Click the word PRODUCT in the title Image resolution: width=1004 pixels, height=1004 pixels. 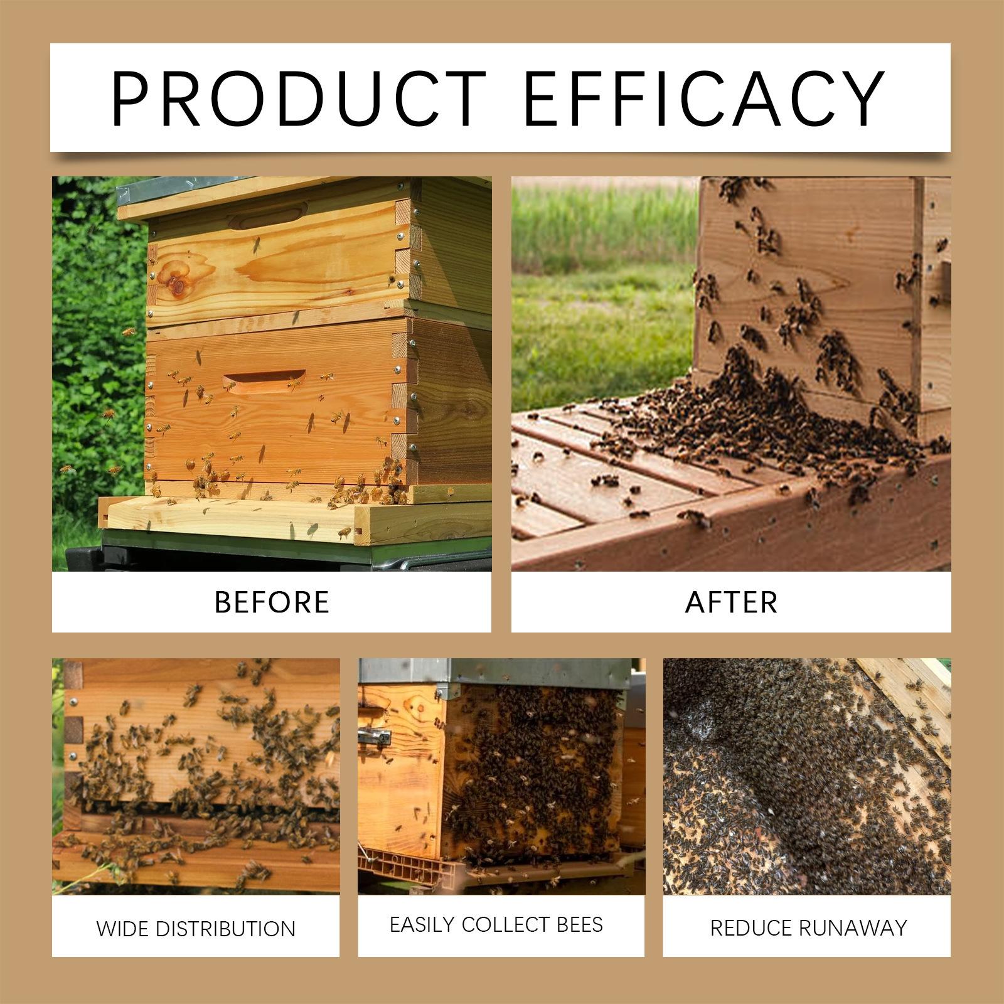point(299,99)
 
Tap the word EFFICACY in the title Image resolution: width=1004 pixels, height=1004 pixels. point(703,99)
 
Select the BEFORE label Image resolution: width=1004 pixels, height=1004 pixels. point(272,602)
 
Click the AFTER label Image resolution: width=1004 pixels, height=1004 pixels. point(731,602)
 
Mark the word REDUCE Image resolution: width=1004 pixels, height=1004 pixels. point(750,928)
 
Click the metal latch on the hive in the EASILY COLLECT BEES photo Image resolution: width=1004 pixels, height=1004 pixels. point(375,738)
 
